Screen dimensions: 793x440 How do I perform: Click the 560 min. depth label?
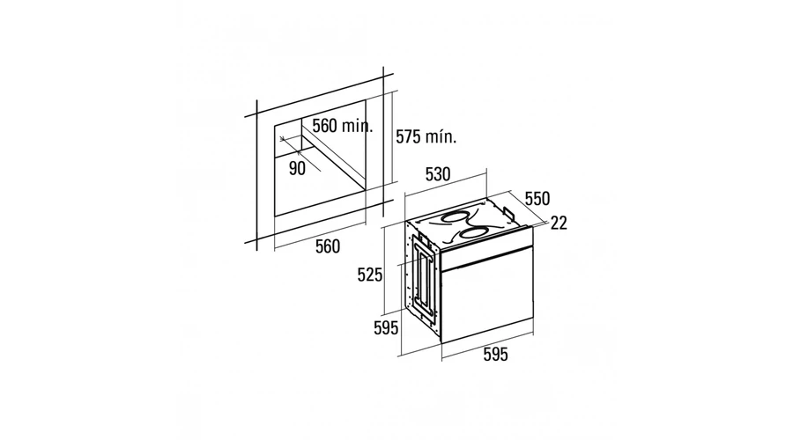click(x=343, y=125)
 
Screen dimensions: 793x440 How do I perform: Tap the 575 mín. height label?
click(x=426, y=136)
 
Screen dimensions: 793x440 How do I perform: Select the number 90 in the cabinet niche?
click(x=298, y=168)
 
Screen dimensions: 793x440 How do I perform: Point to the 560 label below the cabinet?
click(x=328, y=246)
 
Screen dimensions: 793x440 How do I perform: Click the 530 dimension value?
click(x=437, y=174)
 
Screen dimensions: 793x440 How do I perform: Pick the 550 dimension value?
click(x=537, y=199)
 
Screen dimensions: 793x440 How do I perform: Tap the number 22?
click(x=559, y=223)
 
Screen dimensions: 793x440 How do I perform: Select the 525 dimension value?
click(x=370, y=275)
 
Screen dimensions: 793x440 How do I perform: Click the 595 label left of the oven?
click(x=386, y=328)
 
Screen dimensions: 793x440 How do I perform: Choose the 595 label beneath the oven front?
click(x=495, y=355)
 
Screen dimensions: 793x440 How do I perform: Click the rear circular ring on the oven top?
click(x=453, y=217)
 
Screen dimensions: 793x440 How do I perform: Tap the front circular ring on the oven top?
click(x=474, y=233)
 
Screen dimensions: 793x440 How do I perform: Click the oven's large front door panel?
click(x=487, y=301)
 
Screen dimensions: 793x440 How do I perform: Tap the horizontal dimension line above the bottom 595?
click(x=487, y=347)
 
